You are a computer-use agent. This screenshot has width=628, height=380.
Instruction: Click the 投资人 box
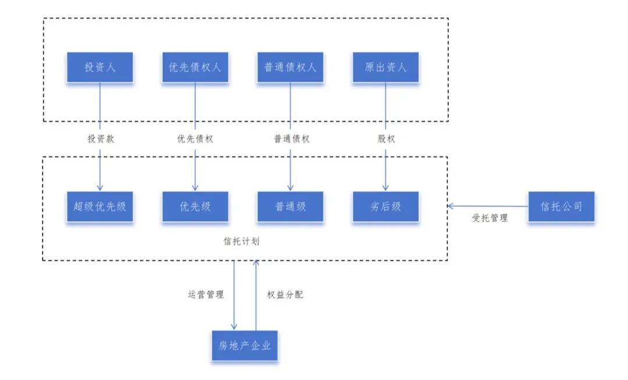(x=100, y=67)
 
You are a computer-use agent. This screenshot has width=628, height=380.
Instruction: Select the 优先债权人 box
(x=195, y=67)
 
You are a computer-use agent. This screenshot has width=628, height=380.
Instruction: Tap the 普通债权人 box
(x=290, y=67)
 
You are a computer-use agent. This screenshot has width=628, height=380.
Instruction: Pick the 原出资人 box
(x=386, y=67)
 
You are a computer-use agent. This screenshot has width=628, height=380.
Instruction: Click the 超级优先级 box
(x=100, y=206)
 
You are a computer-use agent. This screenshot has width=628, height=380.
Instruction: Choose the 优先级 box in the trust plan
(x=195, y=206)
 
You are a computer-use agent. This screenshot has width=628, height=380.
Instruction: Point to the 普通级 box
(x=290, y=206)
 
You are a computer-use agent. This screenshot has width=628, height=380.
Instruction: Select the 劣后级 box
(x=386, y=206)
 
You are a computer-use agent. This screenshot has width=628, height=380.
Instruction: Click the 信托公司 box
(x=561, y=206)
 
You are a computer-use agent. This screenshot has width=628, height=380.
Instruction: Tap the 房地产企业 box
(x=245, y=345)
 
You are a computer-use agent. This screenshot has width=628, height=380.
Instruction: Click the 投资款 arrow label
(x=100, y=139)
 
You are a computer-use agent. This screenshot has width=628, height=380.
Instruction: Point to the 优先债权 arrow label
(x=195, y=139)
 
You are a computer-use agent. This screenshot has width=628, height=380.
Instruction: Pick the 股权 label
(x=386, y=139)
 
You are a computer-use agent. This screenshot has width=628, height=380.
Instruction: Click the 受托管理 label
(x=490, y=218)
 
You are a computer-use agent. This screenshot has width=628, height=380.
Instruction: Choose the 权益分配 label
(x=285, y=295)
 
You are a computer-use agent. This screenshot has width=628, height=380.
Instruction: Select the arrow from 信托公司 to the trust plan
(x=488, y=205)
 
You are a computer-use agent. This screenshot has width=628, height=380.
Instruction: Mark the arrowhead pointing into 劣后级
(x=386, y=187)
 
